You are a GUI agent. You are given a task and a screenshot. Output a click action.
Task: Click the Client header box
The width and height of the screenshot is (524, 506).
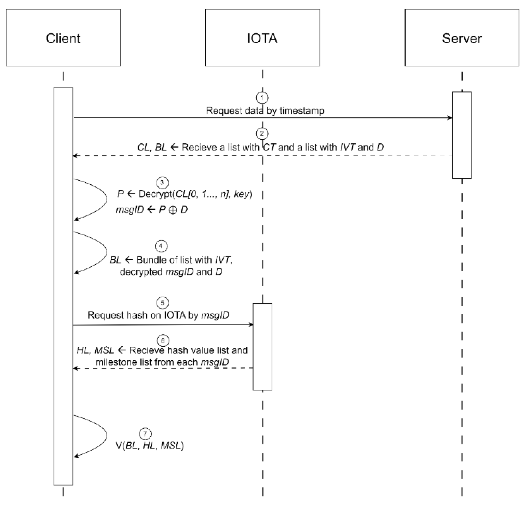[x=63, y=38]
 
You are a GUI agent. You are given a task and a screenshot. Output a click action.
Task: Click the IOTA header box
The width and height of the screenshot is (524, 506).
[x=262, y=38]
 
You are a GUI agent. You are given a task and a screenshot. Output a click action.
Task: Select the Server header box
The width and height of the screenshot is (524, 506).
[x=462, y=38]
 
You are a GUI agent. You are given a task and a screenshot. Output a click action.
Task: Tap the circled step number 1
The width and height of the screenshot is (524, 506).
[x=262, y=98]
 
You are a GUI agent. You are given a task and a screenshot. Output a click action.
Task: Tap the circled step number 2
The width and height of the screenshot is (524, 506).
[x=262, y=133]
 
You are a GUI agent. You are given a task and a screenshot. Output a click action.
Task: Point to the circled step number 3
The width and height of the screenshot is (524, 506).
[x=162, y=183]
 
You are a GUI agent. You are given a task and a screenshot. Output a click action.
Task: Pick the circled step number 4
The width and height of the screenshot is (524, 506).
[x=161, y=246]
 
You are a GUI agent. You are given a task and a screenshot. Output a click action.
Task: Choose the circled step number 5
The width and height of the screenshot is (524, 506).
[x=162, y=303]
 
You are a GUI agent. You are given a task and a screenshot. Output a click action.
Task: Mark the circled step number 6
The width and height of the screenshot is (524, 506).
[x=163, y=341]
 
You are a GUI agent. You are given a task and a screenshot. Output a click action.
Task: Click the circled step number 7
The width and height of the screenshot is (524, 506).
[x=145, y=433]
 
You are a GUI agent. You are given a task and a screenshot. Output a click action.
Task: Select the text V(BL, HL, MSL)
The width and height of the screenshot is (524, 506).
[x=150, y=446]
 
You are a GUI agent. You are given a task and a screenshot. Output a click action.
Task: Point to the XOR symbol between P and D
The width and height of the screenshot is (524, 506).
[x=173, y=210]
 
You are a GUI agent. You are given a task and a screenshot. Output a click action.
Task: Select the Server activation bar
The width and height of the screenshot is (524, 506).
[x=462, y=135]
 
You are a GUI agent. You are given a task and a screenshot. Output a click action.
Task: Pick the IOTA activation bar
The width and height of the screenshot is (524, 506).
[x=262, y=347]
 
